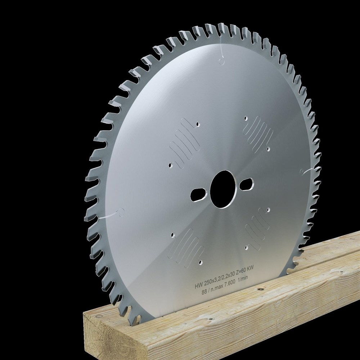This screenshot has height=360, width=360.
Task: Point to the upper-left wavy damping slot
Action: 184,140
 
